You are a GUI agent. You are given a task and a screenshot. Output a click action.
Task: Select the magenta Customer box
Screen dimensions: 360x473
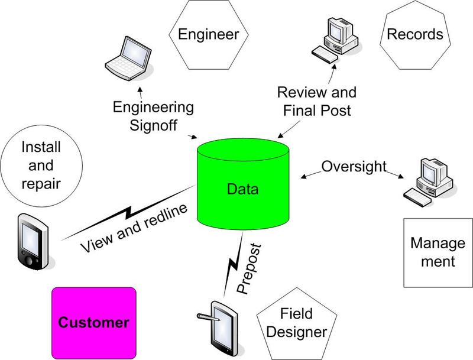point(94,322)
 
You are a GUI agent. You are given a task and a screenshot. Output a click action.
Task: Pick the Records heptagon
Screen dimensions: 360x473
point(414,34)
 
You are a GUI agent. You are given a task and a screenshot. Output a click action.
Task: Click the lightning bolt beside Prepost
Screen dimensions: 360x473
point(234,263)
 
